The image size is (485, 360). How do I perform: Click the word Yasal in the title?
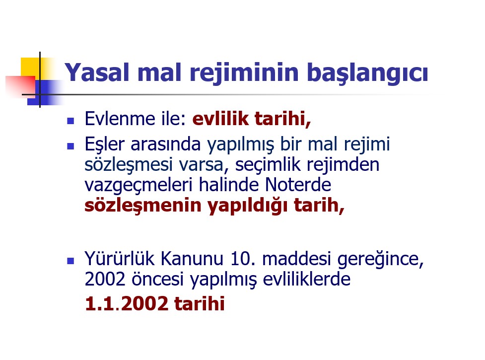(97, 72)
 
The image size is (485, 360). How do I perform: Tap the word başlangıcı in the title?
(367, 74)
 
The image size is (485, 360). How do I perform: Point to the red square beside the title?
(20, 86)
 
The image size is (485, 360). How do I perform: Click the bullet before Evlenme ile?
(70, 121)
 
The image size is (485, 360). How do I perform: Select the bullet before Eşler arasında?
(70, 146)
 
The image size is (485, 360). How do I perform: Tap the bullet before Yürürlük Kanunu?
(70, 261)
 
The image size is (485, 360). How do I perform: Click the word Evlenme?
(120, 119)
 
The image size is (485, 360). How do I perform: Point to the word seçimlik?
(268, 165)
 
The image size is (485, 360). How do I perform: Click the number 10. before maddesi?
(243, 259)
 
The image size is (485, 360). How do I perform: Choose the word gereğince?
(380, 260)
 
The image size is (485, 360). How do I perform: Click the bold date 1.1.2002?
(127, 304)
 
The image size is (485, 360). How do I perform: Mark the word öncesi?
(158, 279)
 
